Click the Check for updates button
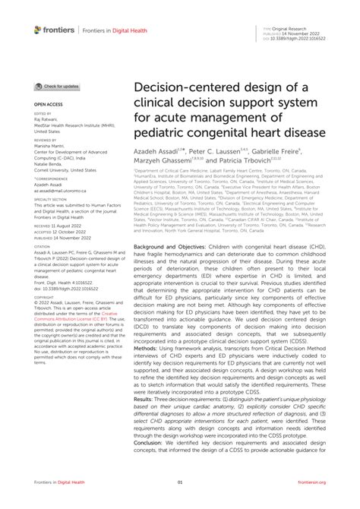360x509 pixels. pos(55,87)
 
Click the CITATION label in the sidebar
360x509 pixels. pos(43,245)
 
